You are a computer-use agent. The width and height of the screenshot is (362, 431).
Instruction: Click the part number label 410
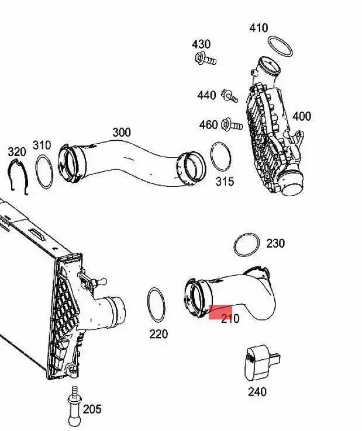(x=258, y=27)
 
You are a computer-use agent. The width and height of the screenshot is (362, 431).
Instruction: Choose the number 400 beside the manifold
(x=302, y=116)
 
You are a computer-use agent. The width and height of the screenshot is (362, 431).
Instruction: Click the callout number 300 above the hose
(x=121, y=132)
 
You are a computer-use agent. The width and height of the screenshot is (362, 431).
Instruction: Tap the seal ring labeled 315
(x=220, y=157)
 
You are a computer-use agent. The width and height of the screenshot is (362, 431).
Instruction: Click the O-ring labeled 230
(x=246, y=245)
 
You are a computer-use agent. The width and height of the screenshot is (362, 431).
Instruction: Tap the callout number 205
(x=92, y=409)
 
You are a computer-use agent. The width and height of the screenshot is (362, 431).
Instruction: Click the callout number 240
(x=257, y=391)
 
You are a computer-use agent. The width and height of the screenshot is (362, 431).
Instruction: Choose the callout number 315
(x=225, y=182)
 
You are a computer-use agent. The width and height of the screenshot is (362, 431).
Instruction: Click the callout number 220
(x=158, y=334)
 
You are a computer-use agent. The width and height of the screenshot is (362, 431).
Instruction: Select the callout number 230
(x=275, y=242)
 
